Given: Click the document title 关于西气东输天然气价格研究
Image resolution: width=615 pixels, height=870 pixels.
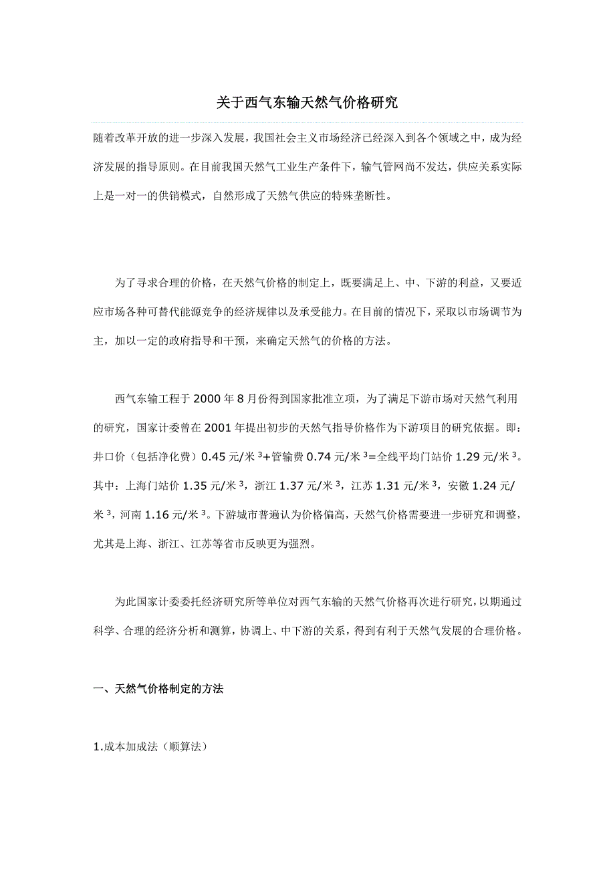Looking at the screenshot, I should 307,103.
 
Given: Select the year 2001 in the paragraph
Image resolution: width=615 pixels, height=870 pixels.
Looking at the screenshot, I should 218,428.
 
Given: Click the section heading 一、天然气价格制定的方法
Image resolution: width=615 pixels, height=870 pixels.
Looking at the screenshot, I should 158,689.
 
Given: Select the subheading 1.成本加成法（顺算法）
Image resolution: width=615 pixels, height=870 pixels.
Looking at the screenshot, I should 150,747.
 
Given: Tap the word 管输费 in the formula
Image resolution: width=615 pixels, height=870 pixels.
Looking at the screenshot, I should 290,457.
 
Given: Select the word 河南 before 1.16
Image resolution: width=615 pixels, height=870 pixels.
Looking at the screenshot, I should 128,515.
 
